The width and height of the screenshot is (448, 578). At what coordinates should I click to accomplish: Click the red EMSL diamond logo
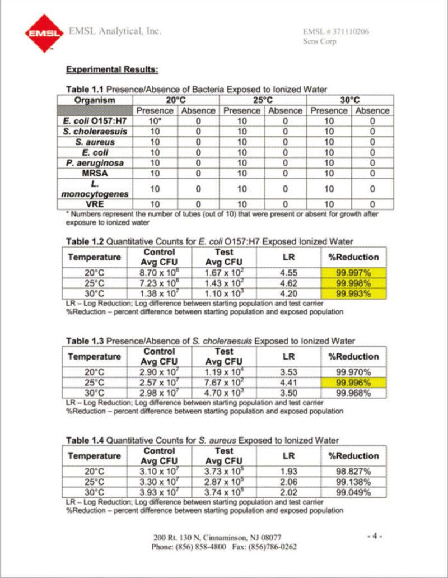(44, 34)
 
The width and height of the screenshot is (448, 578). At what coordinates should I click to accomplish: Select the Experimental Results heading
(113, 69)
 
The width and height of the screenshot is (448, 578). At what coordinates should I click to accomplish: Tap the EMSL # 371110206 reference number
(335, 31)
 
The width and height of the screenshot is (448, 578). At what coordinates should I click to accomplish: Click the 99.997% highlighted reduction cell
(353, 273)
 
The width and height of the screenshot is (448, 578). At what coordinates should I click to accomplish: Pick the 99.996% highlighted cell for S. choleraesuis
(353, 383)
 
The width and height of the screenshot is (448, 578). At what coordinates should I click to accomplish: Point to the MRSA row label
(95, 173)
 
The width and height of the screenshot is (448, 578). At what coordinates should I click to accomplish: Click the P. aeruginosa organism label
(95, 162)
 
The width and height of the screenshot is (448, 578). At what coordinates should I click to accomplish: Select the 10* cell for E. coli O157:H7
(155, 121)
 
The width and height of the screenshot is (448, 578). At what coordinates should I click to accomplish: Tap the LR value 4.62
(289, 283)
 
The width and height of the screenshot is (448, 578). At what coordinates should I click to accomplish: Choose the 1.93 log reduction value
(289, 472)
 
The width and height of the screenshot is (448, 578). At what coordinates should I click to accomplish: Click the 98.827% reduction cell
(353, 472)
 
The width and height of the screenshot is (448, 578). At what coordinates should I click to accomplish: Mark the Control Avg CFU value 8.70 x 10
(159, 273)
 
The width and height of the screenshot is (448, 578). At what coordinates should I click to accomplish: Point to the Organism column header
(95, 100)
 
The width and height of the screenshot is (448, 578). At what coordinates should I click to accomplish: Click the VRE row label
(95, 204)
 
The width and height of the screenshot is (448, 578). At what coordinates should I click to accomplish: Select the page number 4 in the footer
(375, 536)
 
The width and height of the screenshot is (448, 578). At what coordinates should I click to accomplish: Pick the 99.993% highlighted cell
(353, 293)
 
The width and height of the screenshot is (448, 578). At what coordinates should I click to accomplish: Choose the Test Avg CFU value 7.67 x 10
(224, 383)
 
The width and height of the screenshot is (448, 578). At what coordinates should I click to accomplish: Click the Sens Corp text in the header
(319, 41)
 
